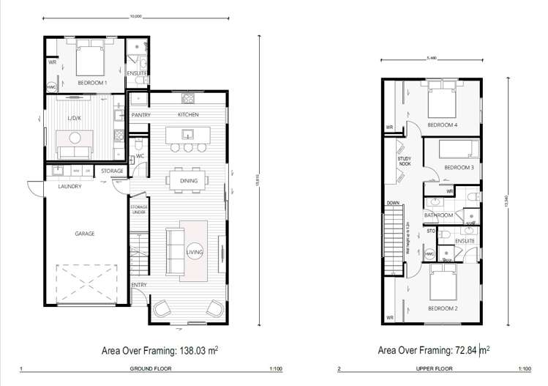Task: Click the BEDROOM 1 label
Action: [92, 83]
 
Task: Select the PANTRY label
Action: [141, 116]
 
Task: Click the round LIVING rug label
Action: [194, 252]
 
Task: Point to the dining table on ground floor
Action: [188, 179]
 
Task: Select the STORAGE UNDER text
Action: [139, 210]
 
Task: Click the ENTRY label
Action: [139, 285]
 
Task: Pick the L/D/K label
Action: [75, 118]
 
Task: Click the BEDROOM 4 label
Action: [442, 125]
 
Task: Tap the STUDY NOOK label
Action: [404, 160]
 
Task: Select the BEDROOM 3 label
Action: [459, 168]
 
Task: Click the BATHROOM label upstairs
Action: [439, 215]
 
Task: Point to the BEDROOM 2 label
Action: [443, 308]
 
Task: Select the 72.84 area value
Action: [461, 351]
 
